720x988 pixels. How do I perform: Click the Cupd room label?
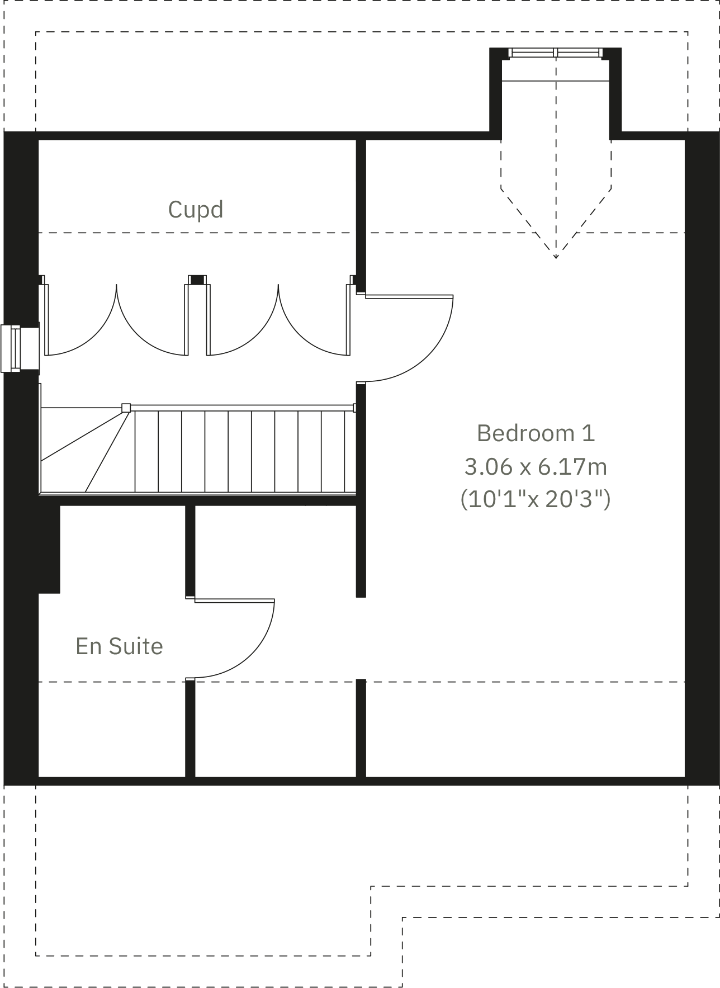(196, 210)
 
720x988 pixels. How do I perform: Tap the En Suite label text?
(119, 646)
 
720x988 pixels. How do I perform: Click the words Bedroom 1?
(536, 433)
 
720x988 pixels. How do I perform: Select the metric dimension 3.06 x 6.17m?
(536, 466)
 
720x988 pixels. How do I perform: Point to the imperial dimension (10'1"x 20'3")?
(536, 499)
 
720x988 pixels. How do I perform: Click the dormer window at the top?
(556, 53)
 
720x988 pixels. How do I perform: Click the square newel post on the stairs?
(126, 408)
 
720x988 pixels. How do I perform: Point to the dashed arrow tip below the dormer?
(556, 257)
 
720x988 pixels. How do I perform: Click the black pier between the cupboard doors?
(197, 280)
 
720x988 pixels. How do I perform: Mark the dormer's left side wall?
(495, 92)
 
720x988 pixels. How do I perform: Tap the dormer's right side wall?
(615, 92)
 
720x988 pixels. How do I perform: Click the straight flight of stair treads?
(240, 452)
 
